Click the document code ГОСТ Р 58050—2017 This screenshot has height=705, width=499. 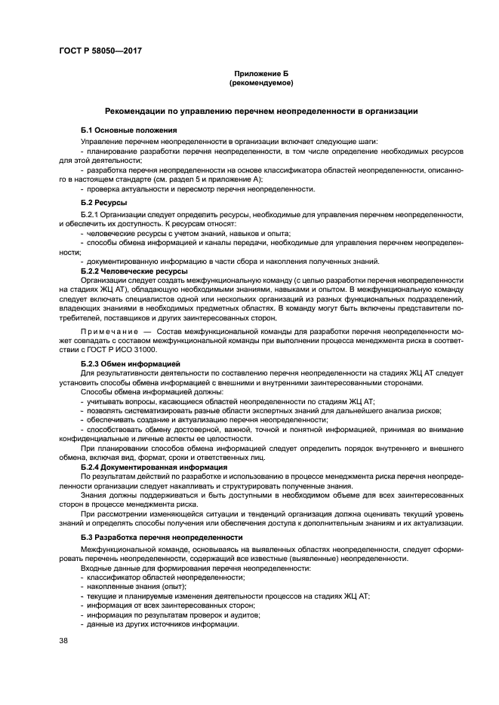[x=100, y=51]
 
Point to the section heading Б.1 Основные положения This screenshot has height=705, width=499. [x=128, y=130]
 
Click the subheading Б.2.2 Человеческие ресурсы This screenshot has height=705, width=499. [x=134, y=271]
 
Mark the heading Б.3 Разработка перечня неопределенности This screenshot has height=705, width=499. [x=162, y=538]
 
